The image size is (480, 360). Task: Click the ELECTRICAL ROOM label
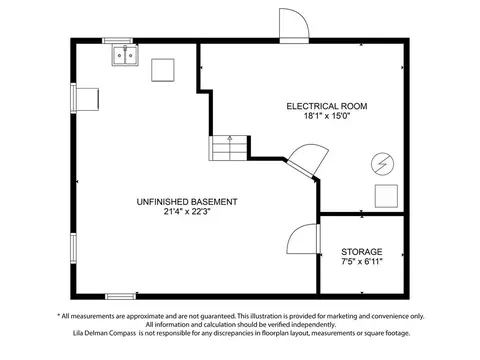[x=327, y=106]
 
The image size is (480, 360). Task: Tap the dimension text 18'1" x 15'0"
[x=327, y=116]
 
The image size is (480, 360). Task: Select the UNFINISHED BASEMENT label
[x=187, y=202]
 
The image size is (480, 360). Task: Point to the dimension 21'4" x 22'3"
[x=187, y=212]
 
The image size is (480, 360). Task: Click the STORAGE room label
[x=362, y=252]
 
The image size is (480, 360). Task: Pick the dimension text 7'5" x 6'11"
[x=362, y=261]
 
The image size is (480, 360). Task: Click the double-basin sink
[x=125, y=55]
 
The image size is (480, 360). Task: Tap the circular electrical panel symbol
[x=383, y=164]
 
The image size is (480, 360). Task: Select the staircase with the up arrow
[x=229, y=148]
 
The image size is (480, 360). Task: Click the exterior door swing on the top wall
[x=294, y=24]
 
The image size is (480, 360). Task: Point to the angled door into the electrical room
[x=307, y=160]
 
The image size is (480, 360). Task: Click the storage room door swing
[x=303, y=239]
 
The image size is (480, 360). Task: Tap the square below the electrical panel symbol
[x=386, y=196]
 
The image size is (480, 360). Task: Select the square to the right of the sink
[x=163, y=70]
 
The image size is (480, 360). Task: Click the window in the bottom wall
[x=121, y=296]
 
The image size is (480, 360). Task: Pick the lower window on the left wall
[x=73, y=248]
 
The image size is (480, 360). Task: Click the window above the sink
[x=117, y=41]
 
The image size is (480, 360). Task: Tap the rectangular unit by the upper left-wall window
[x=88, y=99]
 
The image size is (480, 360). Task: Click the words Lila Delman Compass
[x=104, y=333]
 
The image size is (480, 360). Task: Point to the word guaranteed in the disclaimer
[x=217, y=316]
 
